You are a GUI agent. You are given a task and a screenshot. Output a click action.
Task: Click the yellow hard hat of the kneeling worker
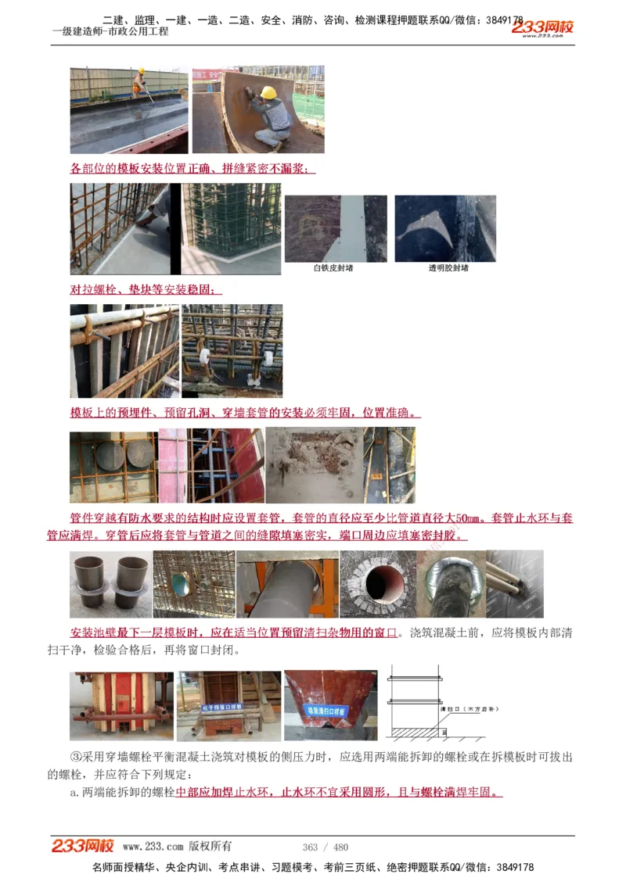tap(268, 92)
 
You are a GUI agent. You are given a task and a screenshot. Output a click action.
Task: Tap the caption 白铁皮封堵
tap(333, 268)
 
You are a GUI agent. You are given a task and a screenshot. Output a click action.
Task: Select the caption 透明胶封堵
tap(448, 268)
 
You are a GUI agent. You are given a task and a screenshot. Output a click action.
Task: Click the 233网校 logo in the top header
tap(542, 28)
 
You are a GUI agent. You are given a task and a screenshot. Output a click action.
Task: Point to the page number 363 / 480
tap(326, 847)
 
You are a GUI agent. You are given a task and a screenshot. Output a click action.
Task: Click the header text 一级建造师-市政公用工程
tap(110, 32)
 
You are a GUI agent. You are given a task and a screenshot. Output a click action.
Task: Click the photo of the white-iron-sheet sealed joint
tap(335, 228)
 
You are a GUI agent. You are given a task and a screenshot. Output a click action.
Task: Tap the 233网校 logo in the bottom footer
tap(83, 846)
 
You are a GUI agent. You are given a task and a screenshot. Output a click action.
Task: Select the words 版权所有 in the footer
tap(210, 847)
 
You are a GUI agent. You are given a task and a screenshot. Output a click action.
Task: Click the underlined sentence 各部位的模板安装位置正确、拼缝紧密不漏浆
tap(192, 169)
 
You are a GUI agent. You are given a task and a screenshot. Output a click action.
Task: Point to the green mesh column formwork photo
tap(232, 228)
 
